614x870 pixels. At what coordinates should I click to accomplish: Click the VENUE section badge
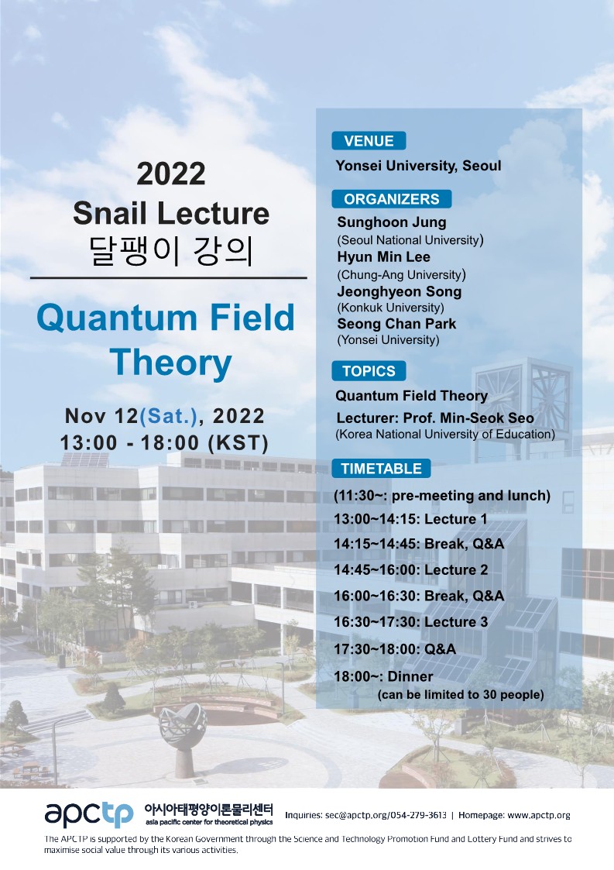369,141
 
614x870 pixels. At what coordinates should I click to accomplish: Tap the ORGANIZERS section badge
392,198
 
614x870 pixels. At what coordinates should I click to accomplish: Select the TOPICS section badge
369,370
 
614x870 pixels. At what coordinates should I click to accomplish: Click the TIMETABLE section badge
381,468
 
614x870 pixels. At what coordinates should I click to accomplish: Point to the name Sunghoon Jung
392,222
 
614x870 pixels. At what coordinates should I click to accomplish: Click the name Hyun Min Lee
384,257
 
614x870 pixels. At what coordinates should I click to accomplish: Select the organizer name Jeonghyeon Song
400,292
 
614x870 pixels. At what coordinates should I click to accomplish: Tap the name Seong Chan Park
396,324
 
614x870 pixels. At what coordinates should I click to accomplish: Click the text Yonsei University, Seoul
418,166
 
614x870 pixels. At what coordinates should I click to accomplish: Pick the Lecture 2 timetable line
411,570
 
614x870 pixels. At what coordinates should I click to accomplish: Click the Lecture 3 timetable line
411,622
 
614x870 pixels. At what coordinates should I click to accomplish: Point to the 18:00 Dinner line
383,676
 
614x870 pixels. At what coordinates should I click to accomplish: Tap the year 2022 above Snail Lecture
171,174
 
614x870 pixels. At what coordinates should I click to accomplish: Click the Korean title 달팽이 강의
171,251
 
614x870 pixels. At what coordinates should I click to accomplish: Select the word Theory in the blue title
171,363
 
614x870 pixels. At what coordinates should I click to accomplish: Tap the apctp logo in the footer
89,814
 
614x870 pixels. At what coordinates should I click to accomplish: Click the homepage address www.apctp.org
539,815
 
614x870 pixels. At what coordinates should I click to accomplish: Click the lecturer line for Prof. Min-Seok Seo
435,418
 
